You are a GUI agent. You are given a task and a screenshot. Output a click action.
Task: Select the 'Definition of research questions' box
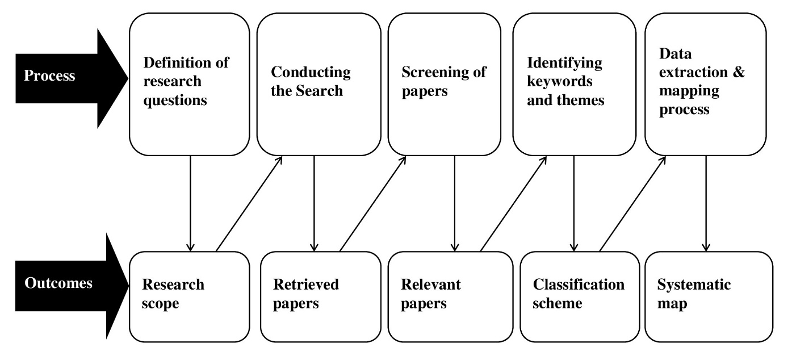coord(190,84)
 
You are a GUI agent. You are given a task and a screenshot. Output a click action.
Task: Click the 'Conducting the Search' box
coord(319,84)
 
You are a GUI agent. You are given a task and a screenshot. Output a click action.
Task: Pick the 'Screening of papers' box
coord(445,84)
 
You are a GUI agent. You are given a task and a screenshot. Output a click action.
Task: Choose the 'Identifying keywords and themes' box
coord(575,84)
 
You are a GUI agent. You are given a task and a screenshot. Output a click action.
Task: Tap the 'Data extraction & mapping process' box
coord(706,84)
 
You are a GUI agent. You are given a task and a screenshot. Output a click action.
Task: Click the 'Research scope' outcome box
coord(190,297)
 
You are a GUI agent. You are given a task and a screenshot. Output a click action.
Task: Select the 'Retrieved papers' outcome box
coord(321,297)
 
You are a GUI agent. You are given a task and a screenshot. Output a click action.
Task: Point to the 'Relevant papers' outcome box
coord(450,297)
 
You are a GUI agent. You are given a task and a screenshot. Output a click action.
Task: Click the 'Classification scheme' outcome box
coord(580,297)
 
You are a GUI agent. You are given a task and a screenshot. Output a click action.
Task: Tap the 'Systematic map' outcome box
coord(709,297)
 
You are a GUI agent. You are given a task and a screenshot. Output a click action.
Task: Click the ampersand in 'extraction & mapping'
coord(739,72)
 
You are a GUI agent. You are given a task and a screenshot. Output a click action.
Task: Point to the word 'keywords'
coord(560,81)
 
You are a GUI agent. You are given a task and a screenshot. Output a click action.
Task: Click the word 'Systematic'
coord(694,284)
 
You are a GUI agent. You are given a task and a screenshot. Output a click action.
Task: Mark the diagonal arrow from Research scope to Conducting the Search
coord(249,204)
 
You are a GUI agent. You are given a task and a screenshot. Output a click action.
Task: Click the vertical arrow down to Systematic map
coord(706,204)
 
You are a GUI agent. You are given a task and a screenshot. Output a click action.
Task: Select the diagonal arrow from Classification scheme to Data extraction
coord(633,204)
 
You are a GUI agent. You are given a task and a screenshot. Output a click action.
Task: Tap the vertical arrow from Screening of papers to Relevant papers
coord(455,204)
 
